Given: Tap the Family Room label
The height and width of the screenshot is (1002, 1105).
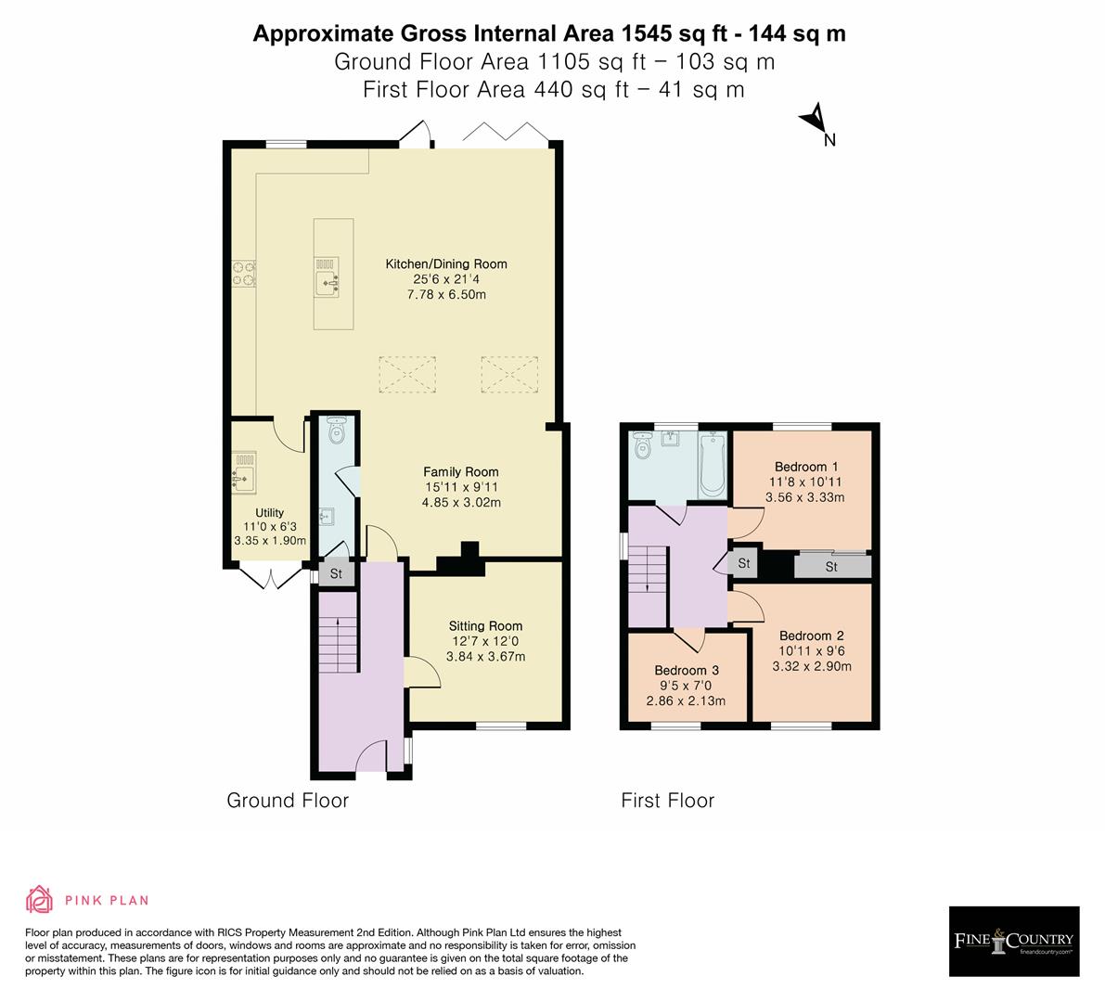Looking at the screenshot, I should (461, 471).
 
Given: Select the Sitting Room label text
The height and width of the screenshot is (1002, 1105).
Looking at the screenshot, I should (485, 626).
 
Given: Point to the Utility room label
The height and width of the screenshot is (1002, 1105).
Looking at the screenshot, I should (270, 512).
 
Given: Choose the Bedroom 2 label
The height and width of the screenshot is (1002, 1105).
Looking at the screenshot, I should (811, 636).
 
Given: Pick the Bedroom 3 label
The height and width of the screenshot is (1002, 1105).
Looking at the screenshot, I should (687, 670).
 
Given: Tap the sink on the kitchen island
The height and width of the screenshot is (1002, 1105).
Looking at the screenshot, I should (328, 278).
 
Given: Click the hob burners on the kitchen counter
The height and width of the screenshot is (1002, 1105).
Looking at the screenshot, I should (244, 272).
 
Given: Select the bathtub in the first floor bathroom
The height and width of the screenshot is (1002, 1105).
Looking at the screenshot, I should (713, 462).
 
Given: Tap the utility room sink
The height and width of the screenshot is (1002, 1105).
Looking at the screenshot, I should (244, 473).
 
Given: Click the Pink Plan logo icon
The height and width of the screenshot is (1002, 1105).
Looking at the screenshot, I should (39, 899).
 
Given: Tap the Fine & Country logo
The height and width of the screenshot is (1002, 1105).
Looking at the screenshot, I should (1014, 942).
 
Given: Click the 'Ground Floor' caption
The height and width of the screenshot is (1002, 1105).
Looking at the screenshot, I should (288, 801).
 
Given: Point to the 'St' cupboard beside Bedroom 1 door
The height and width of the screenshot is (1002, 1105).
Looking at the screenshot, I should (744, 564).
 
